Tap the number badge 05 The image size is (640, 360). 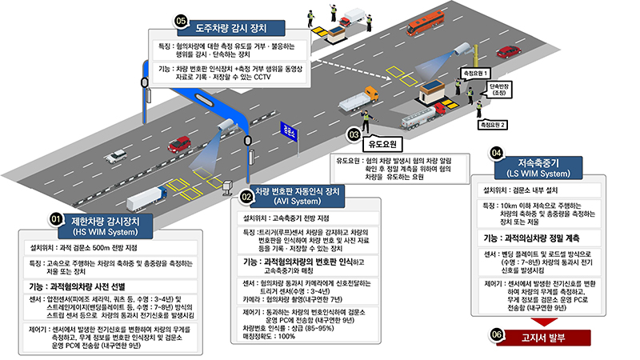click(181, 20)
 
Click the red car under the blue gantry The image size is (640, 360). click(180, 144)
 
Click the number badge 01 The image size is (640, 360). click(56, 218)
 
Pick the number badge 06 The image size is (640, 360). click(498, 334)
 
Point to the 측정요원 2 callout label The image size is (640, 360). click(494, 125)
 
